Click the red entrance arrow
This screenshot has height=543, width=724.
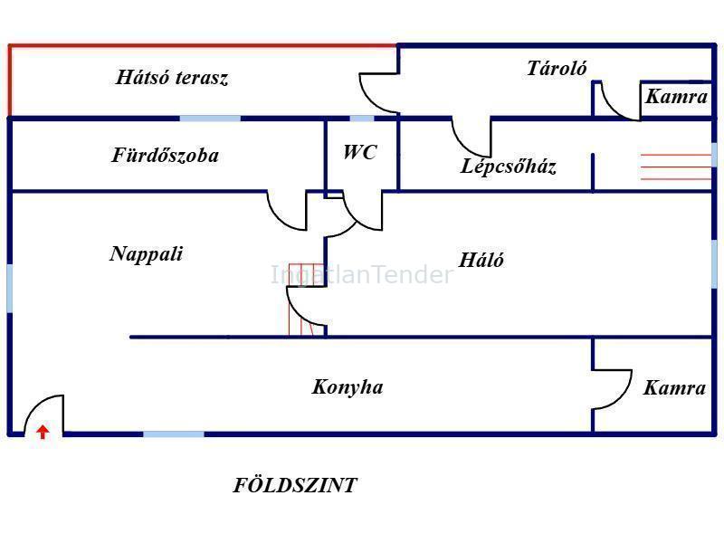pos(43,433)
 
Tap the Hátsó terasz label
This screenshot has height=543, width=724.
pos(172,77)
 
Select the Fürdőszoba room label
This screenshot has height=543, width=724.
pos(166,155)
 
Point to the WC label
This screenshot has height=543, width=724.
pos(359,152)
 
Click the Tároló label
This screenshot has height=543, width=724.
pos(557,69)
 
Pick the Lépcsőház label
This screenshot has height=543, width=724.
pos(508,166)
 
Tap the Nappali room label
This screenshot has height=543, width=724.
pos(147,254)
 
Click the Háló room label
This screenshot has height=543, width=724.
pos(481,260)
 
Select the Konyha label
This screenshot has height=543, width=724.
pos(348,387)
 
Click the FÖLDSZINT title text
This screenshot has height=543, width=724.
pos(295,485)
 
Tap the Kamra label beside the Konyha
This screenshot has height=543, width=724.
pos(674,388)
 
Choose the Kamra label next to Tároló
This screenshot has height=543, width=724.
pos(676,97)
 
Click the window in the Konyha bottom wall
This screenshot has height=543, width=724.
pos(174,434)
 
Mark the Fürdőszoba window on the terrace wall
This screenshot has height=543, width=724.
pos(210,119)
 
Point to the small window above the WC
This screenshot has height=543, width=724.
pos(362,119)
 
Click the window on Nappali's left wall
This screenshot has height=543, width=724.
pos(10,289)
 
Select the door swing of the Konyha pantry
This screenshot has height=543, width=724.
pos(613,389)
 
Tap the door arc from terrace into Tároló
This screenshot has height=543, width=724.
pos(379,93)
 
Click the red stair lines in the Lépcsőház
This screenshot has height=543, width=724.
pos(676,167)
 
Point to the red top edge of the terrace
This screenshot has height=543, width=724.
pos(203,45)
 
